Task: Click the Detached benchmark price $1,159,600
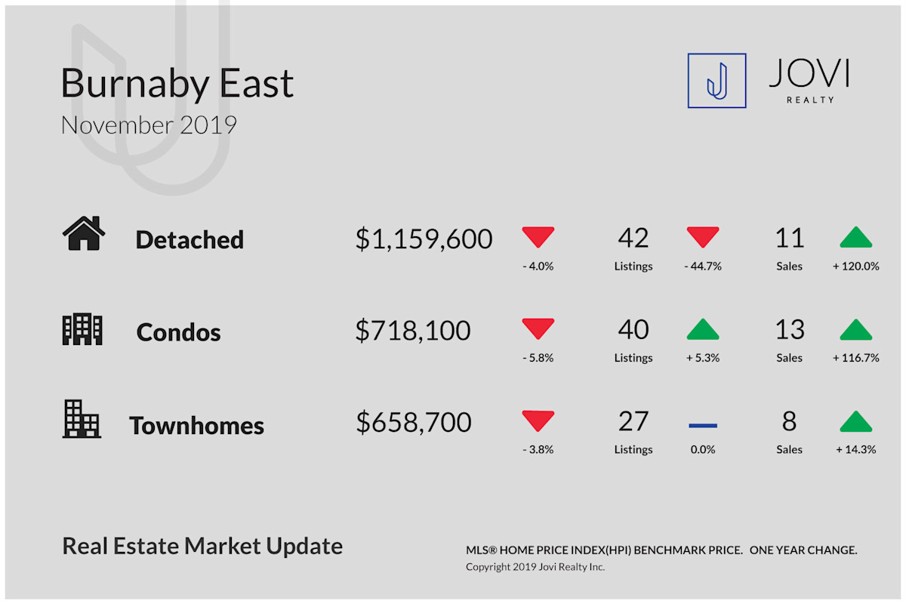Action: click(424, 239)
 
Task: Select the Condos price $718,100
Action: click(413, 331)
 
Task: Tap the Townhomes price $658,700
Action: click(414, 422)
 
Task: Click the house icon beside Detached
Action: click(84, 233)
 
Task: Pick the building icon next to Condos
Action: click(82, 329)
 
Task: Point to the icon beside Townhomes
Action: click(82, 419)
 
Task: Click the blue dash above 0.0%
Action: click(703, 426)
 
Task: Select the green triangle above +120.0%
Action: click(856, 237)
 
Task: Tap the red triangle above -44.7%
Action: click(703, 237)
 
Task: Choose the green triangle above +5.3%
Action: click(703, 329)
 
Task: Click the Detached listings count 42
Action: click(633, 238)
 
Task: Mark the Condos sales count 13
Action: click(790, 329)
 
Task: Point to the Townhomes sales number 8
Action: click(790, 421)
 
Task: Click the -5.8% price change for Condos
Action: click(538, 358)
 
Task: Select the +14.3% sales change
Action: click(856, 449)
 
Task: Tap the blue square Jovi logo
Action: click(716, 81)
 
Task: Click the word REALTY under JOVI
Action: click(810, 100)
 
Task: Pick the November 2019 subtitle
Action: click(149, 125)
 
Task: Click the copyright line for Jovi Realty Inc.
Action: click(535, 567)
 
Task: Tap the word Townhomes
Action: click(196, 426)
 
